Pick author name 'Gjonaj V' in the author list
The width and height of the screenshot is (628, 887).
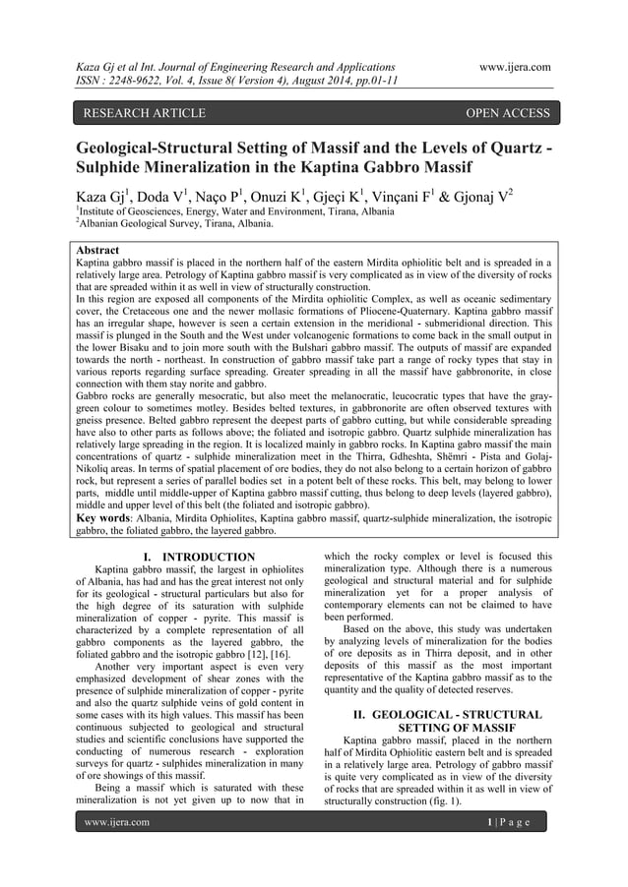pos(499,193)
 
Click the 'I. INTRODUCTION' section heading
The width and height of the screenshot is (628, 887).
pos(196,558)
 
